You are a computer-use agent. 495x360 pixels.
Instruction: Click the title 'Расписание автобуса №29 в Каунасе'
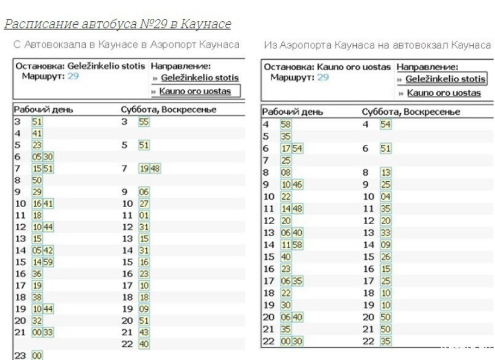[x=118, y=24]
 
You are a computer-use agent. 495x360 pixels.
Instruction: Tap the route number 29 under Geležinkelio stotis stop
[x=73, y=76]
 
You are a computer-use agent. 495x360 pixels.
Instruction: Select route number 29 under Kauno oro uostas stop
[x=323, y=77]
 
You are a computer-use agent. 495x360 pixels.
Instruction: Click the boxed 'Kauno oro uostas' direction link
[x=195, y=91]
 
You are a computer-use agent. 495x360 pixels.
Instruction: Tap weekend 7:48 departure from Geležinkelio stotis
[x=155, y=169]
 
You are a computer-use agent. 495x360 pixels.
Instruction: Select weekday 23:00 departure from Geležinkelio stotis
[x=37, y=356]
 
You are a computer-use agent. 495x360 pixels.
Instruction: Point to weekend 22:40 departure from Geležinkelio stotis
[x=144, y=344]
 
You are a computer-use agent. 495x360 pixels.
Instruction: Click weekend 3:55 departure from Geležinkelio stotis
[x=144, y=121]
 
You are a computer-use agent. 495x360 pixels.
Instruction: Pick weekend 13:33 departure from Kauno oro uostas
[x=386, y=233]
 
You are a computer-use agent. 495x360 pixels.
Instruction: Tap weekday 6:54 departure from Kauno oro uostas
[x=297, y=148]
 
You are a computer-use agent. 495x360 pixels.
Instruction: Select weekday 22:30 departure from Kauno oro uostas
[x=297, y=341]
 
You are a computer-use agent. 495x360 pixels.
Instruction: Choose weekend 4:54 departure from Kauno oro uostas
[x=386, y=124]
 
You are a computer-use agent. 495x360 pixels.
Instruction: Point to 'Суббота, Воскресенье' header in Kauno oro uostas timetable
[x=410, y=112]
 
